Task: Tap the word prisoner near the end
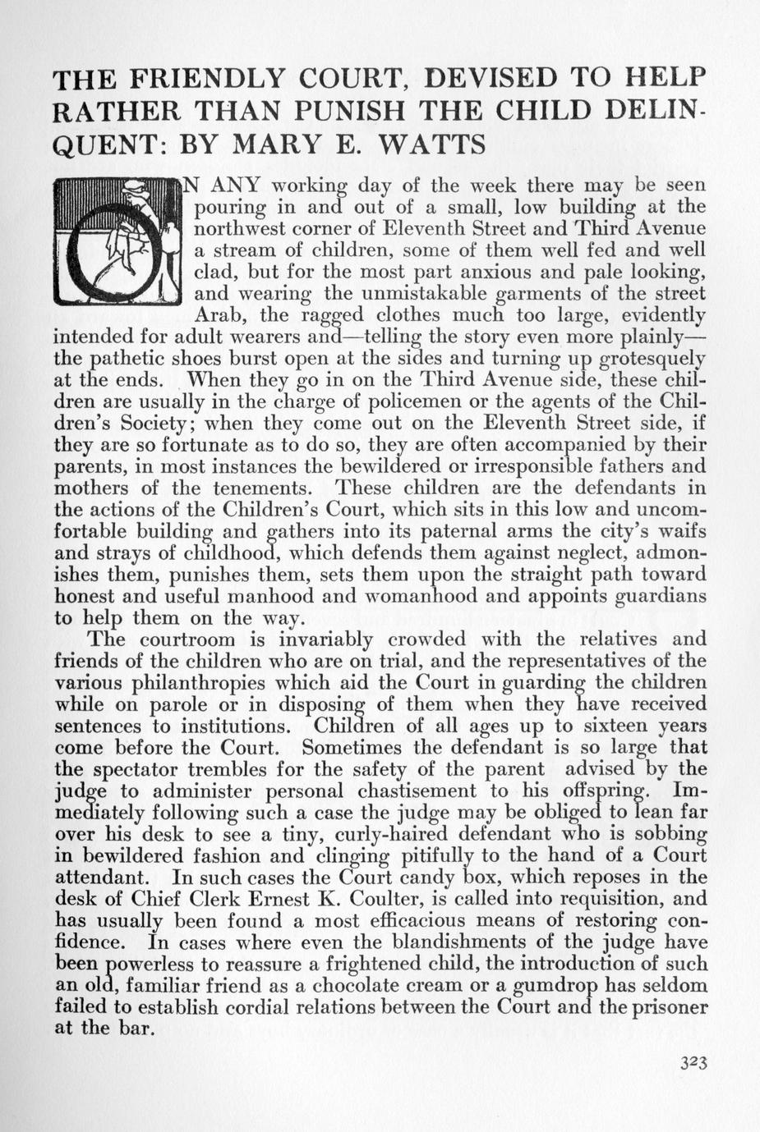pos(665,1006)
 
